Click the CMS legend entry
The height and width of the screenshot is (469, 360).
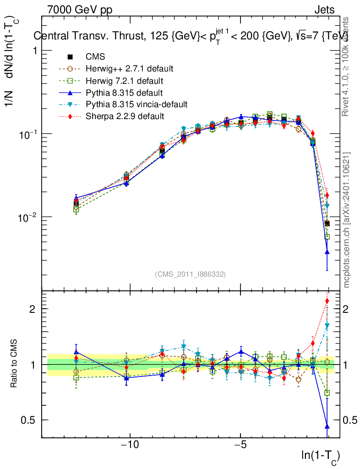95,57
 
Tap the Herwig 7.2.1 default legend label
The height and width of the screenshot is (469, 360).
124,81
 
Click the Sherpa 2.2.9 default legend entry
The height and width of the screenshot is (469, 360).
125,116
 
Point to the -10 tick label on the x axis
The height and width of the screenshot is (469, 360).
130,445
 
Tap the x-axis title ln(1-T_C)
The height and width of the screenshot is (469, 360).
320,455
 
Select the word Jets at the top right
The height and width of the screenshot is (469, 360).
324,10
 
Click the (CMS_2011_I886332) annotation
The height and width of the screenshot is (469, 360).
190,274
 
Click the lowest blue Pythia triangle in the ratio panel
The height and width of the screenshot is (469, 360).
327,426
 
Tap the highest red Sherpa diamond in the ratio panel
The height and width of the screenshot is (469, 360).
327,301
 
